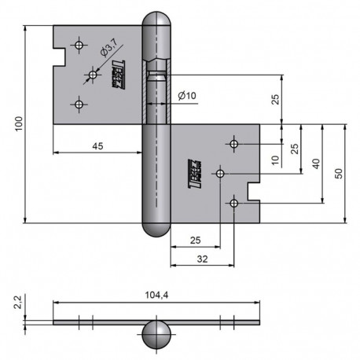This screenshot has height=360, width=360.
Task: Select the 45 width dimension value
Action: pyautogui.click(x=97, y=145)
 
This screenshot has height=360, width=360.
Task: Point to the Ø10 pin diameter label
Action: pyautogui.click(x=187, y=95)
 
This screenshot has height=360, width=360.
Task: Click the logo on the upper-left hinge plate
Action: pyautogui.click(x=121, y=72)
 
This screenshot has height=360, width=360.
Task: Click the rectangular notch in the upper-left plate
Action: pyautogui.click(x=59, y=57)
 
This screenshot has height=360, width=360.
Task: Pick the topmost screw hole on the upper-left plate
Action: pyautogui.click(x=77, y=45)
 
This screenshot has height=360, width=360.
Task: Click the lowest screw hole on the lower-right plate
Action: pyautogui.click(x=234, y=204)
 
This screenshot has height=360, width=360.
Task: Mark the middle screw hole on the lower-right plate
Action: pyautogui.click(x=220, y=172)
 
